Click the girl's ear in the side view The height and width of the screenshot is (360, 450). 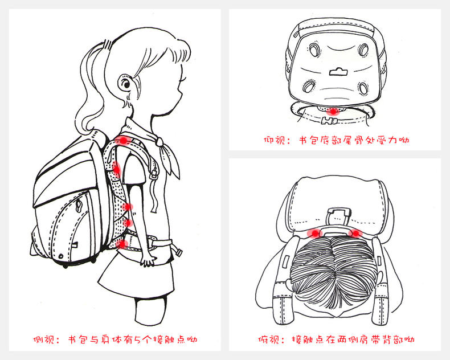tap(125, 83)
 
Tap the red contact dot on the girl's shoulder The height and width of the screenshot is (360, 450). tap(123, 140)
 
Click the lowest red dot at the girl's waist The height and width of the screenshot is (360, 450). tap(122, 244)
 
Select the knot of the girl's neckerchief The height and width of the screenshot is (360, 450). tap(159, 141)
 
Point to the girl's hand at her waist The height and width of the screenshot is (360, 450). tap(149, 260)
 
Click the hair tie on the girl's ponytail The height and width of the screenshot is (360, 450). tap(107, 45)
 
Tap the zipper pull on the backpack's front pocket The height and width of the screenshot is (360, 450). tap(79, 205)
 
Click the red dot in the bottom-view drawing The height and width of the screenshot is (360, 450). tap(333, 111)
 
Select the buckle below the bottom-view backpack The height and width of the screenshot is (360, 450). tap(329, 121)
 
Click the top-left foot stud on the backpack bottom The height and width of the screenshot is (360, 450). tap(313, 50)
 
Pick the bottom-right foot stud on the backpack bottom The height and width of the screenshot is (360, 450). tap(363, 88)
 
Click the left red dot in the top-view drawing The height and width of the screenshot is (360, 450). tap(314, 233)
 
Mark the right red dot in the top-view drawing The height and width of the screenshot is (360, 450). tap(355, 233)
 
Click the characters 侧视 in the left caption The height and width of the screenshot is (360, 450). tap(43, 339)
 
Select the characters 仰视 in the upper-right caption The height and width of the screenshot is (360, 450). tap(273, 140)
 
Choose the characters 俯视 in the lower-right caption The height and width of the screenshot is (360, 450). tap(268, 339)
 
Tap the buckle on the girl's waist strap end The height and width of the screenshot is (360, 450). tap(178, 252)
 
